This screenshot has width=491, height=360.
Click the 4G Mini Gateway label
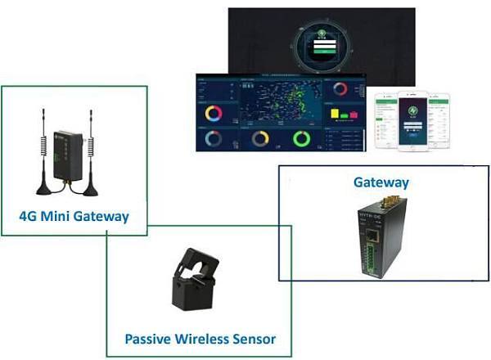pos(74,217)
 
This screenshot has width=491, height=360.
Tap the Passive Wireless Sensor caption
pos(200,338)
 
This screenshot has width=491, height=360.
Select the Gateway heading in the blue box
pos(381,182)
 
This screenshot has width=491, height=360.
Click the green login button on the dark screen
pos(322,50)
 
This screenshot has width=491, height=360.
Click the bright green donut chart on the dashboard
pos(300,138)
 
